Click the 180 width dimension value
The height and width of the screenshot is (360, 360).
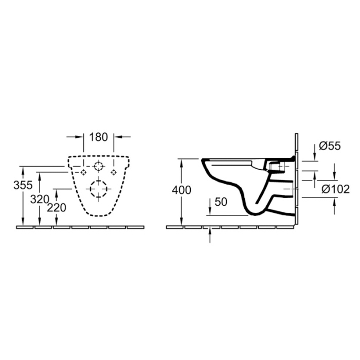98,137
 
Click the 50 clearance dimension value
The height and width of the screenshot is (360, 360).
221,202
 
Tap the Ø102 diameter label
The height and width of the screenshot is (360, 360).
335,189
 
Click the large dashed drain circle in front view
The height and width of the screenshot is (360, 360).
98,189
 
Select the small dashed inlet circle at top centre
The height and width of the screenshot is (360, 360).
98,166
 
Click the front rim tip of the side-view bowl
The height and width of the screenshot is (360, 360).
204,159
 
